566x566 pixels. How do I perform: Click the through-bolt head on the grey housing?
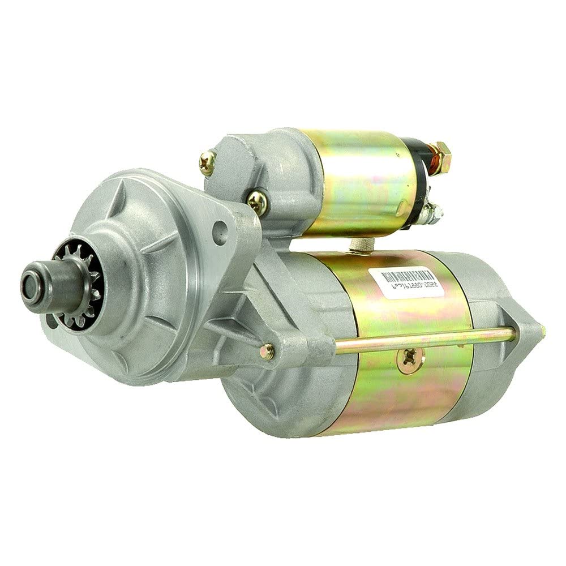pyautogui.click(x=267, y=352)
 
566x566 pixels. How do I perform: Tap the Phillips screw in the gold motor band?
pyautogui.click(x=409, y=357)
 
